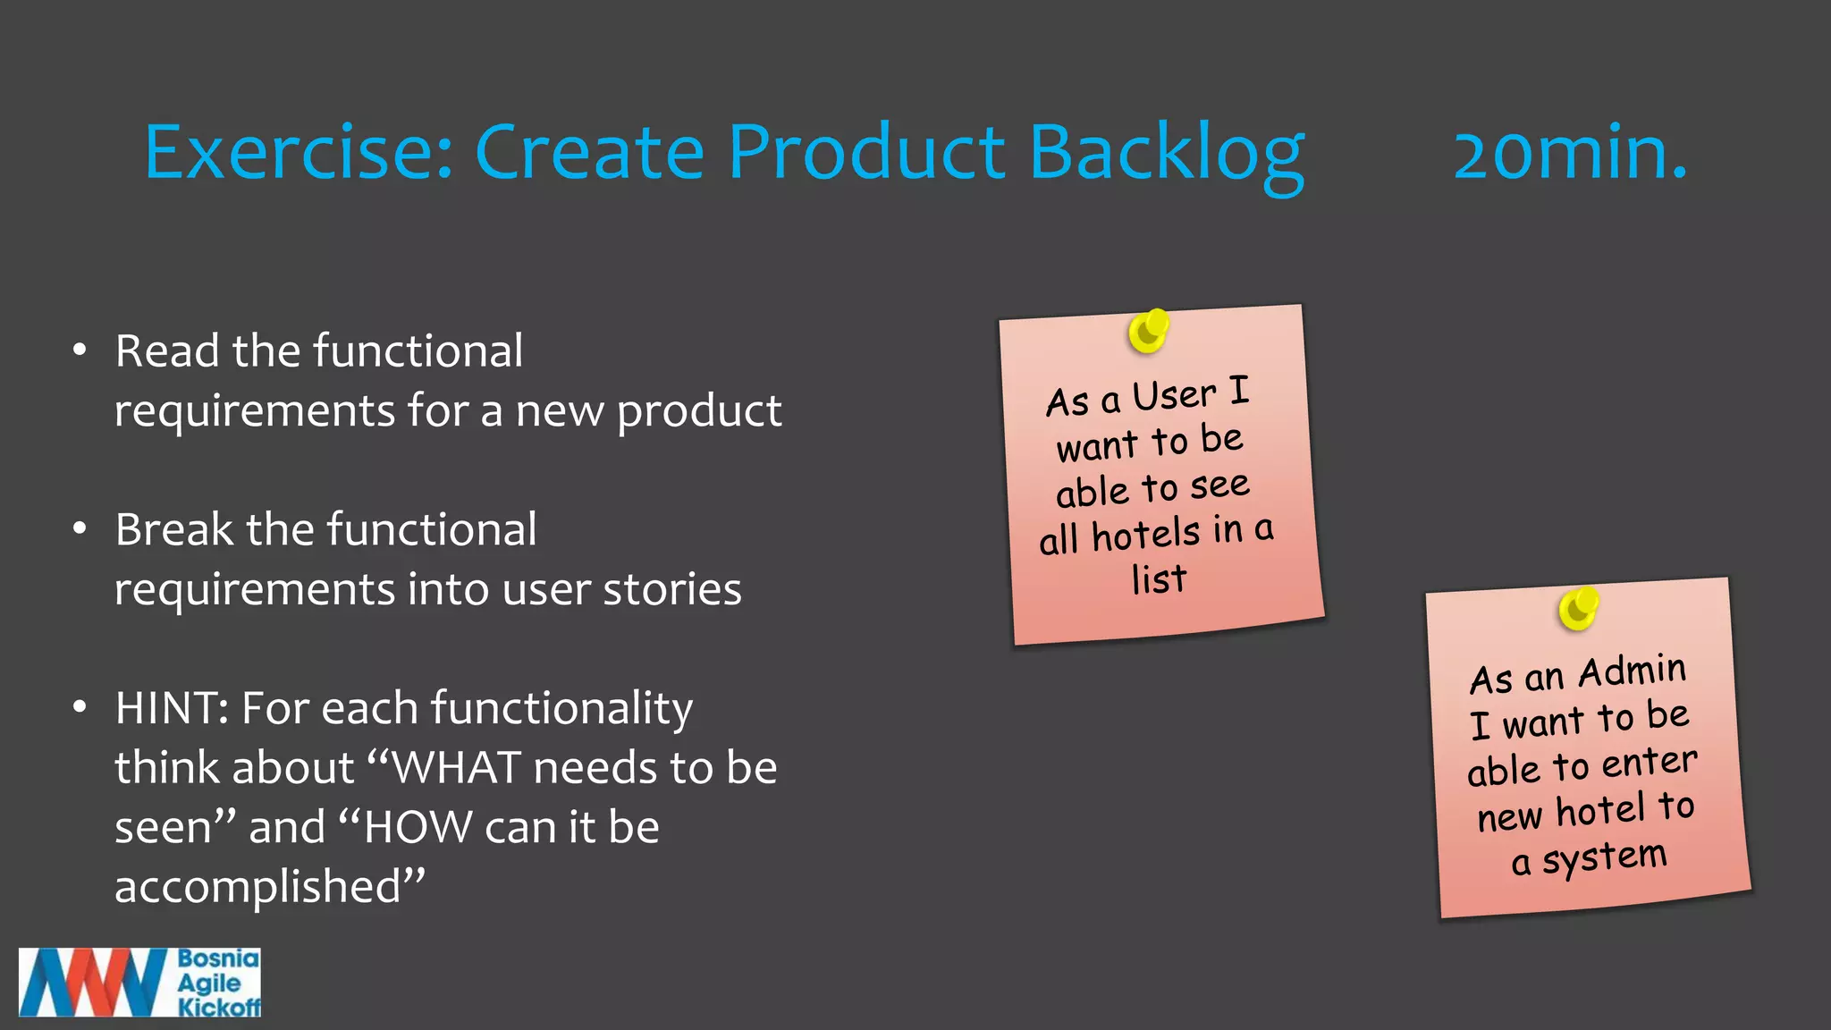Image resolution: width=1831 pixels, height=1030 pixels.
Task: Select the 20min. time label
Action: coord(1570,154)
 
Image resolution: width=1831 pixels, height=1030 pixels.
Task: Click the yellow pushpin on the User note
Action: coord(1148,331)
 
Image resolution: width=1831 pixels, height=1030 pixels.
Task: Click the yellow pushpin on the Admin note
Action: coord(1578,609)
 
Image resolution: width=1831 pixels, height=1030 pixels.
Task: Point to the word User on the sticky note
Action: coord(1174,396)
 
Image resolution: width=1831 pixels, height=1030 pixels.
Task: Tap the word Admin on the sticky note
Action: coord(1632,671)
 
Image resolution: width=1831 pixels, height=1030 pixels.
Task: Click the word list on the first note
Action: coord(1159,579)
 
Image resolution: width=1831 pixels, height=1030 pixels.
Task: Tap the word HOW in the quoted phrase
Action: coord(417,827)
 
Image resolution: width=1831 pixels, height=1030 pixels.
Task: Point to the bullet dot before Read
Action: coord(80,350)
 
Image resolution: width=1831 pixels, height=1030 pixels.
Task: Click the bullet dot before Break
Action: coord(80,529)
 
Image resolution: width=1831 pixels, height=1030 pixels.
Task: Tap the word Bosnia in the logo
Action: coord(218,958)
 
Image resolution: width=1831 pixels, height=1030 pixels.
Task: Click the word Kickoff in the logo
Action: coord(219,1008)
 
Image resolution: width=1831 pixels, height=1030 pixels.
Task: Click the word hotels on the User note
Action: coord(1145,536)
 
